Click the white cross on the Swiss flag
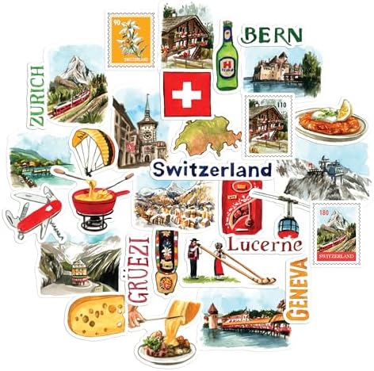pos(187,96)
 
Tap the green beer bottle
pos(227,49)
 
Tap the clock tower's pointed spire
pos(145,105)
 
